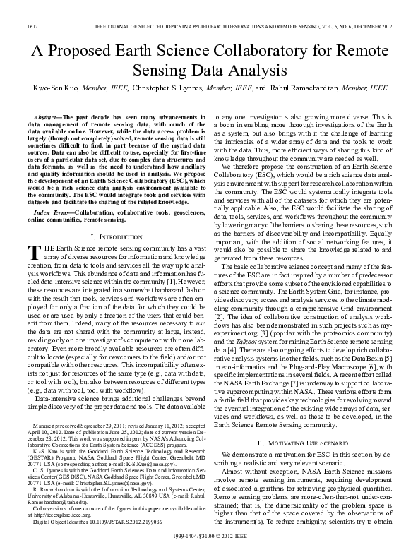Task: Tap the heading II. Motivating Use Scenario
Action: (x=299, y=443)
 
